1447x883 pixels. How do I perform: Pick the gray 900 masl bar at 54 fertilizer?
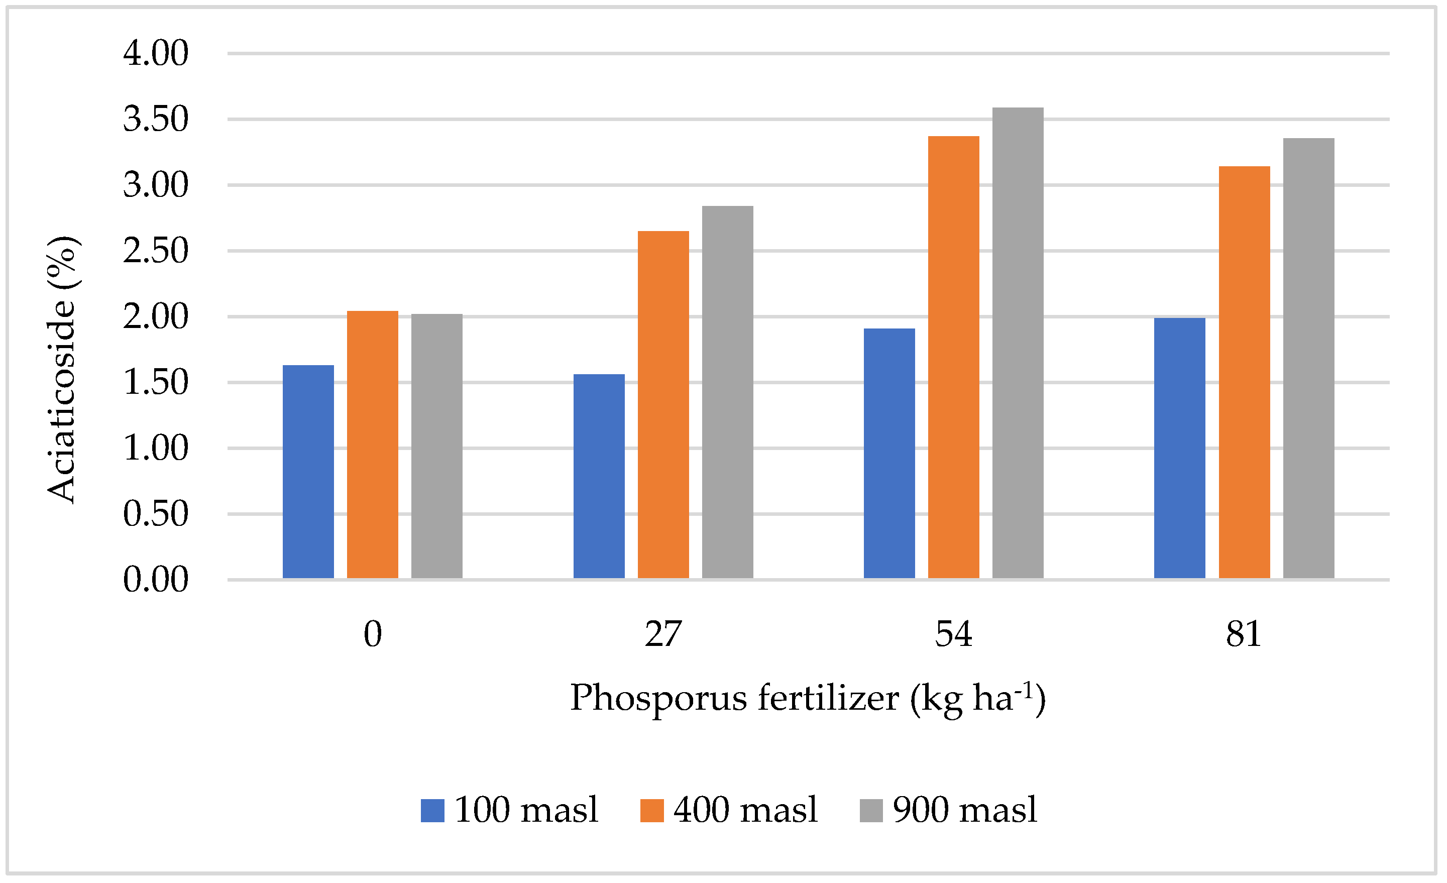pyautogui.click(x=1018, y=343)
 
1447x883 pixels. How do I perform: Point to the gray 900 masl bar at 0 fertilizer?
pyautogui.click(x=436, y=446)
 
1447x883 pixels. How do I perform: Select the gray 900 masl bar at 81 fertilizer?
pyautogui.click(x=1308, y=358)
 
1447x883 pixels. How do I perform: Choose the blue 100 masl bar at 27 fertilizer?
pyautogui.click(x=599, y=476)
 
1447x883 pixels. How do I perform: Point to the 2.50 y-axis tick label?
pyautogui.click(x=156, y=251)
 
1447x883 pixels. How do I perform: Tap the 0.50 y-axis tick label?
pyautogui.click(x=156, y=514)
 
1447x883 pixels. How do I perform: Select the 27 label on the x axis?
pyautogui.click(x=663, y=634)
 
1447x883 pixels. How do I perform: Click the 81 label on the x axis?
pyautogui.click(x=1243, y=634)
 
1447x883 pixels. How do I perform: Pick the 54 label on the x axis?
pyautogui.click(x=953, y=634)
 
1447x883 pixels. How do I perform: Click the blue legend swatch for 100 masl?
pyautogui.click(x=432, y=810)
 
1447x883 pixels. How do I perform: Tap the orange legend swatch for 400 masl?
pyautogui.click(x=652, y=810)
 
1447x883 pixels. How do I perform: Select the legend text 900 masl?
pyautogui.click(x=965, y=810)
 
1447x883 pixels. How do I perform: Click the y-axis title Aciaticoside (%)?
pyautogui.click(x=62, y=370)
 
